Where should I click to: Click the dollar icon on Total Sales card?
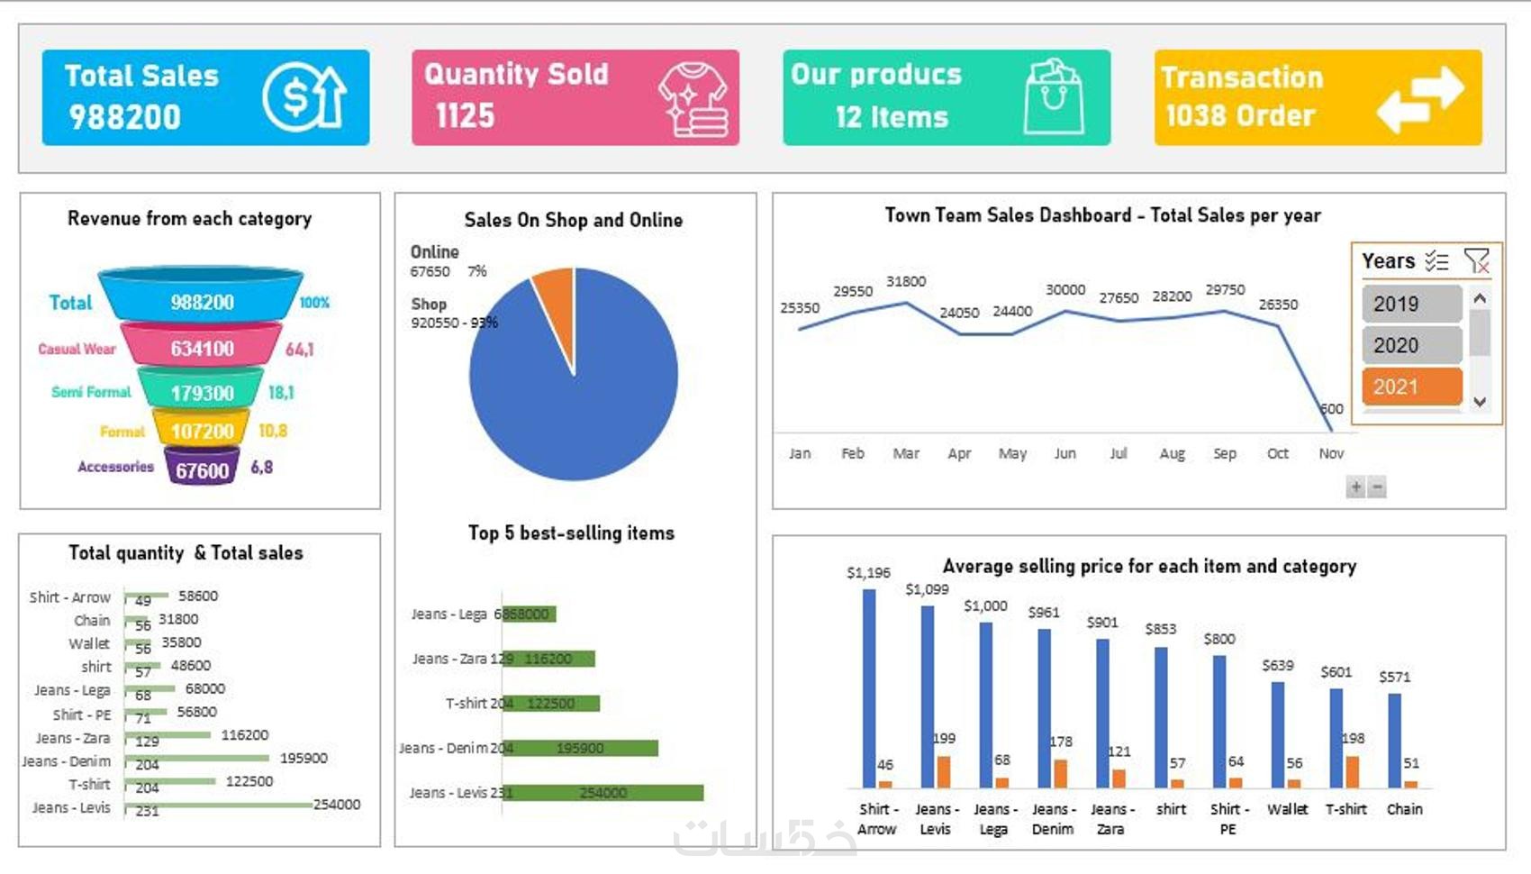tap(304, 96)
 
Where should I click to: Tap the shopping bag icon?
tap(1054, 96)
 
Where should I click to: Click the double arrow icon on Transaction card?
tap(1420, 99)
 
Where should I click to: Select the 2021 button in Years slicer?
tap(1411, 387)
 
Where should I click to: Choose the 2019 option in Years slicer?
tap(1411, 304)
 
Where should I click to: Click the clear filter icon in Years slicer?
tap(1476, 261)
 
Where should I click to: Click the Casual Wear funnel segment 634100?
tap(202, 348)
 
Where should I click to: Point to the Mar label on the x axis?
tap(906, 453)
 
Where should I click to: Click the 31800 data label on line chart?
tap(906, 281)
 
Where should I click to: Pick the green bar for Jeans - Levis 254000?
tap(602, 793)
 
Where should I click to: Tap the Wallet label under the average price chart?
tap(1287, 809)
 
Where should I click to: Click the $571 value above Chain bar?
tap(1394, 677)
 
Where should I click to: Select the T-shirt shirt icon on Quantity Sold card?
tap(693, 98)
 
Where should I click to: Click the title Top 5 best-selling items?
tap(571, 533)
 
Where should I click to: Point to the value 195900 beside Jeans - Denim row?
tap(303, 758)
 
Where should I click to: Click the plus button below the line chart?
tap(1355, 487)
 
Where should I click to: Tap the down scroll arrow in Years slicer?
tap(1480, 402)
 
